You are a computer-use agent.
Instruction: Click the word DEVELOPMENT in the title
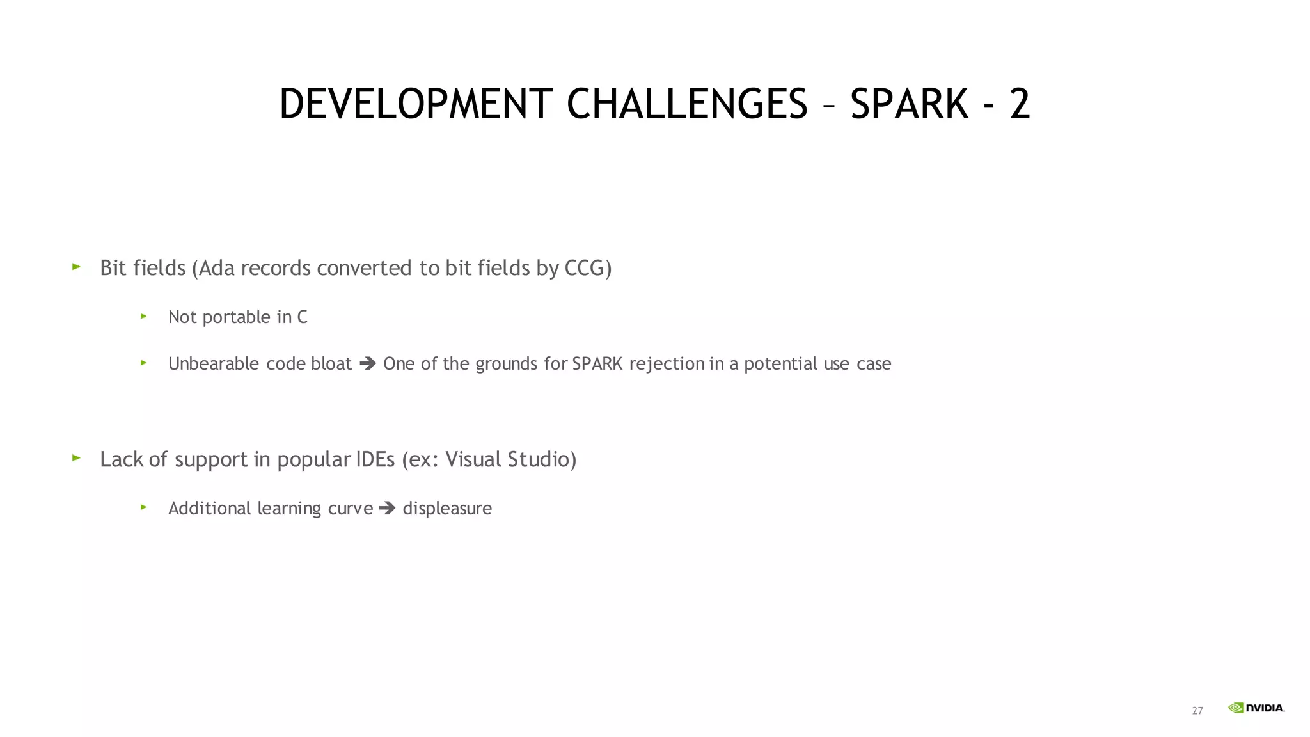click(416, 104)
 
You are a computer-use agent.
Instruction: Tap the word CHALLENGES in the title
click(687, 104)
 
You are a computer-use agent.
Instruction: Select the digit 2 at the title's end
click(1020, 104)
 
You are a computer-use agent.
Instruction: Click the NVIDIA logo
click(1256, 708)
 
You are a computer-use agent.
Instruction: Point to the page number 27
click(1197, 711)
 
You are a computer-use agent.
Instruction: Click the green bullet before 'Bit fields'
click(77, 267)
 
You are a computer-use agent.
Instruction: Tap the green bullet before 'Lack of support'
click(77, 458)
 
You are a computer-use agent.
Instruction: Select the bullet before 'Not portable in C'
click(144, 316)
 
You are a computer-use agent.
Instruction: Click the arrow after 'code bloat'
click(368, 364)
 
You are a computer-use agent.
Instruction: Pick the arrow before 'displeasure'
click(388, 509)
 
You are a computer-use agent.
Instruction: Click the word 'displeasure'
click(447, 509)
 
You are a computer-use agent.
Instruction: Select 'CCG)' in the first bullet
click(588, 268)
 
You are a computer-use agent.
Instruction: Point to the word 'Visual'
click(473, 459)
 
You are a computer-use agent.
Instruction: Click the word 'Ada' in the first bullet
click(217, 268)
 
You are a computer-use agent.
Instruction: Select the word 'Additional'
click(209, 509)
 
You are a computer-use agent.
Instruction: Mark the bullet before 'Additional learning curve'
click(144, 507)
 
